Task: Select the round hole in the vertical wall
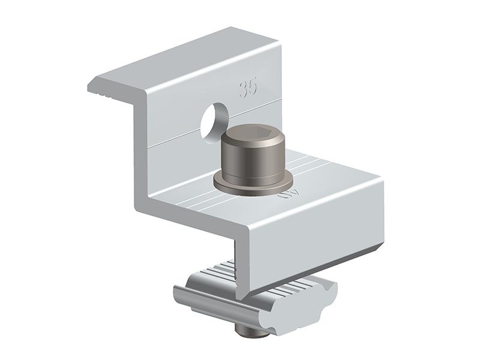point(212,118)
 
